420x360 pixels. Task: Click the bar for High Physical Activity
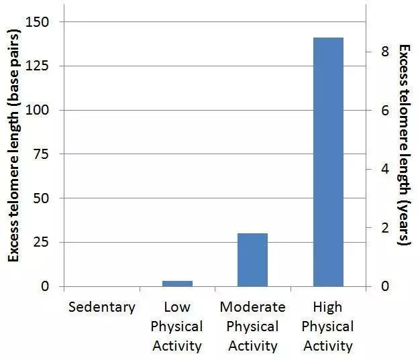click(x=328, y=162)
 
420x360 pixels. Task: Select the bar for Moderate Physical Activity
click(x=252, y=259)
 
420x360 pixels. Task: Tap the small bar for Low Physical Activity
click(x=177, y=283)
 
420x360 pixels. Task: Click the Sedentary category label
click(x=102, y=307)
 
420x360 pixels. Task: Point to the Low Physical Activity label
click(x=177, y=326)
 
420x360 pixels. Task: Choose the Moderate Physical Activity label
click(x=253, y=326)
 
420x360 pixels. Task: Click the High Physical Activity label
click(x=327, y=326)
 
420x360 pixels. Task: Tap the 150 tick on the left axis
click(x=39, y=22)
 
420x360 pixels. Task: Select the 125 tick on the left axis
click(x=39, y=66)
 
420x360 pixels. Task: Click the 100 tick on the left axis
click(x=39, y=110)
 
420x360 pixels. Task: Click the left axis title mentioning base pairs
click(x=13, y=151)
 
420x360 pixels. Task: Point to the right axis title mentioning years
click(x=405, y=144)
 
